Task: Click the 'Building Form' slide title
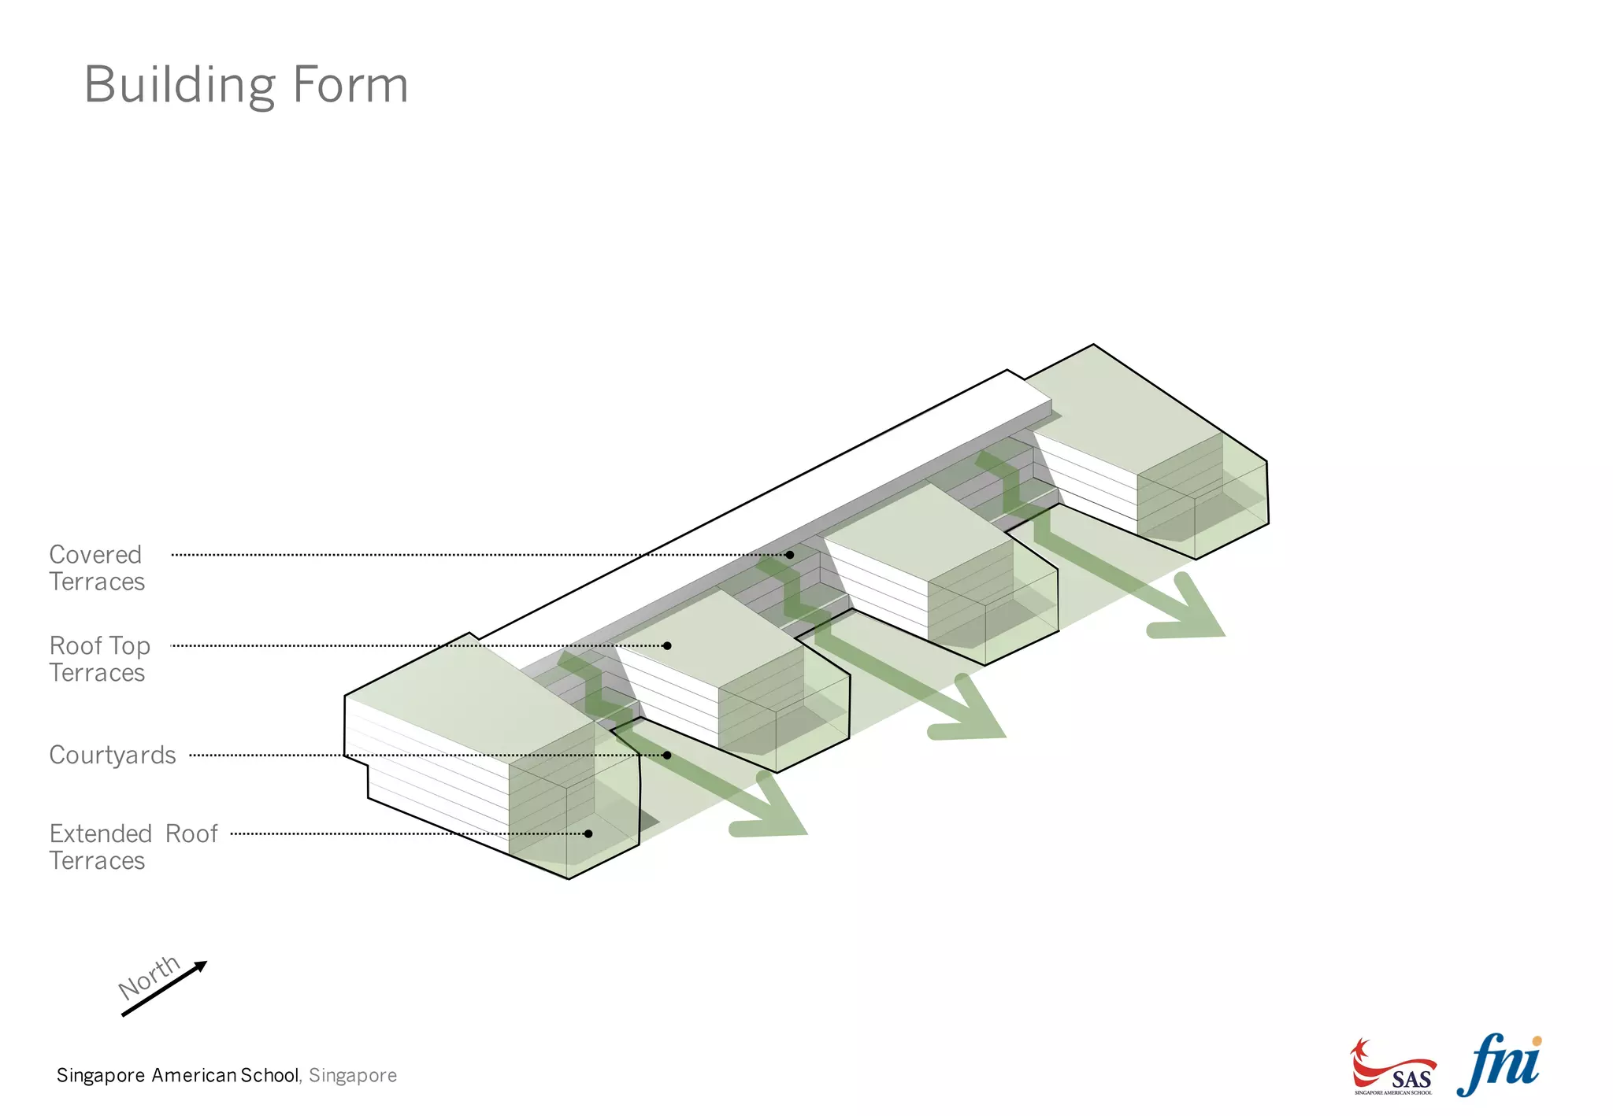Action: pos(246,84)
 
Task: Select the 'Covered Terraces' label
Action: pos(97,567)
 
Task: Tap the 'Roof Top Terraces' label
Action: pos(99,659)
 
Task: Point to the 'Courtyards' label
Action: pos(113,755)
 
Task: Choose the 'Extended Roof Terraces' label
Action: pos(133,847)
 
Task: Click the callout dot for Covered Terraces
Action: pos(789,555)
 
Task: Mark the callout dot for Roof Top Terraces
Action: pos(667,645)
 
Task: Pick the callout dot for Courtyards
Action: pos(667,755)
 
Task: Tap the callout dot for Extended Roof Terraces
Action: pos(588,833)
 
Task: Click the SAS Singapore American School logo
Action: pos(1392,1068)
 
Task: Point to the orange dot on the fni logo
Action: pos(1537,1041)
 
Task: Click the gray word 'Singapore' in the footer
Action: pos(353,1075)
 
